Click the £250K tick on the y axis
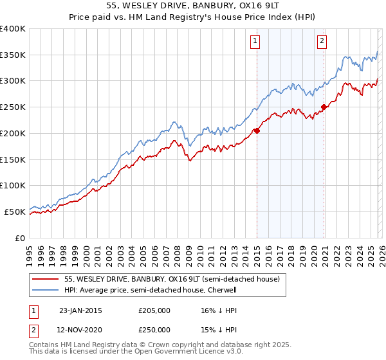(x=13, y=107)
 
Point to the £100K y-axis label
(x=13, y=185)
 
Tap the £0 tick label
(x=21, y=237)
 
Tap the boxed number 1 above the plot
(x=255, y=42)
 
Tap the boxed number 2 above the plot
(x=321, y=42)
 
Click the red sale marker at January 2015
(x=257, y=130)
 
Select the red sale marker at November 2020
(x=324, y=107)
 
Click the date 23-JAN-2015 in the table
(x=80, y=310)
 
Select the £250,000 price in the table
(x=154, y=328)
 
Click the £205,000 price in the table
(x=154, y=310)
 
